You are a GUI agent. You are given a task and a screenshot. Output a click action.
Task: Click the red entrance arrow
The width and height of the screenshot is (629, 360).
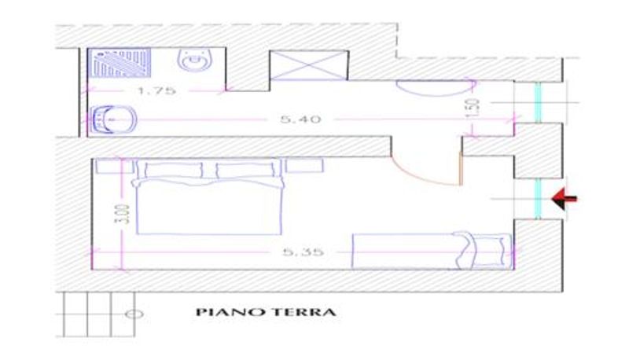564,198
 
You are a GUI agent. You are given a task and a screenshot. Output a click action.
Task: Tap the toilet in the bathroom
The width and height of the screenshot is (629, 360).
195,61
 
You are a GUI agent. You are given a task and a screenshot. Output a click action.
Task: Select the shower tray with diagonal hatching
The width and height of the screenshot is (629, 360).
120,63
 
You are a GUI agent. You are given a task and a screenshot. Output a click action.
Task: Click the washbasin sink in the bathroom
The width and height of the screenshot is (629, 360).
114,119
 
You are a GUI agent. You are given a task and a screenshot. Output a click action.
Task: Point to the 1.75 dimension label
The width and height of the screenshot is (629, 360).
156,90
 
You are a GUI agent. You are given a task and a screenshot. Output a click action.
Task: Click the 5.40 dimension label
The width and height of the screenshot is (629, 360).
300,119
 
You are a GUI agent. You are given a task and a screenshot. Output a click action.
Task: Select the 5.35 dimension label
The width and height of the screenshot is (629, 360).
303,252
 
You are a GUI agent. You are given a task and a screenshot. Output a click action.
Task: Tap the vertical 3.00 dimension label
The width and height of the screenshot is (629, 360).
125,214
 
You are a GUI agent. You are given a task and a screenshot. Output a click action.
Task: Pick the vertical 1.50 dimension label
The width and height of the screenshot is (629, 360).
473,108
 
